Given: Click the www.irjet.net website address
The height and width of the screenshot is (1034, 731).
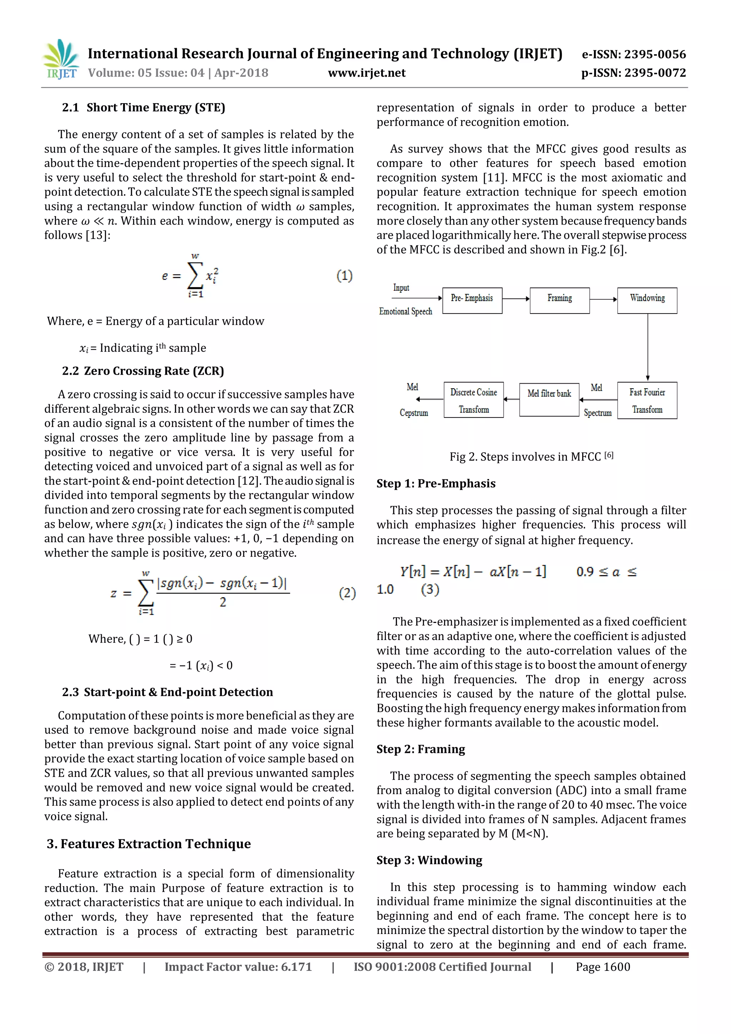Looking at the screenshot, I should (x=367, y=73).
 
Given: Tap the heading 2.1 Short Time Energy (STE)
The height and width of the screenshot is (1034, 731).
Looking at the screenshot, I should (x=143, y=108).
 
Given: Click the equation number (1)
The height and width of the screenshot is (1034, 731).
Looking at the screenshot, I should (x=344, y=276).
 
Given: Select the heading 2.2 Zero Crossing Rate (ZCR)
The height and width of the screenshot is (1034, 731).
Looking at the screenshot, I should (x=143, y=371).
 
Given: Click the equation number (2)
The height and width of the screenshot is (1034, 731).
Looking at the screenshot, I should (x=347, y=593).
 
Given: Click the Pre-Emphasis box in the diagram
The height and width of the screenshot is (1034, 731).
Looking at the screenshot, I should (x=472, y=300).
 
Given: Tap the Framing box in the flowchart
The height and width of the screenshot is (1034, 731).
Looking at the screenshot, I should (x=560, y=300).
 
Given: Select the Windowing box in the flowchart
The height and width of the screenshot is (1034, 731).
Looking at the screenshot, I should (x=647, y=300).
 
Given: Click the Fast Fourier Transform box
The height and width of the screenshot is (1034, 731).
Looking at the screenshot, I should (x=647, y=400).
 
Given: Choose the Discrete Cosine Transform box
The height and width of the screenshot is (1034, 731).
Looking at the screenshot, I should (x=474, y=400).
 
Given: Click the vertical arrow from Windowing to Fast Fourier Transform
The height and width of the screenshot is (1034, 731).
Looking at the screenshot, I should (x=648, y=347).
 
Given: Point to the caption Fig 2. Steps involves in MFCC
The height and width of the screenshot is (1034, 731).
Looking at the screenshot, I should (x=531, y=457).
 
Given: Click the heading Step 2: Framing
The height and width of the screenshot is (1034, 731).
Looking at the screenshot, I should (x=420, y=749).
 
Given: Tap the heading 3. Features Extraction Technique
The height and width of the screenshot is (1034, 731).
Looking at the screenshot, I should (x=149, y=844).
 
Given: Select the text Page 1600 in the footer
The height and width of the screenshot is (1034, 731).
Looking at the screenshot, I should (x=603, y=967).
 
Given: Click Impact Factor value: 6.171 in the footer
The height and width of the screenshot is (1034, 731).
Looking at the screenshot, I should (x=238, y=967).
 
